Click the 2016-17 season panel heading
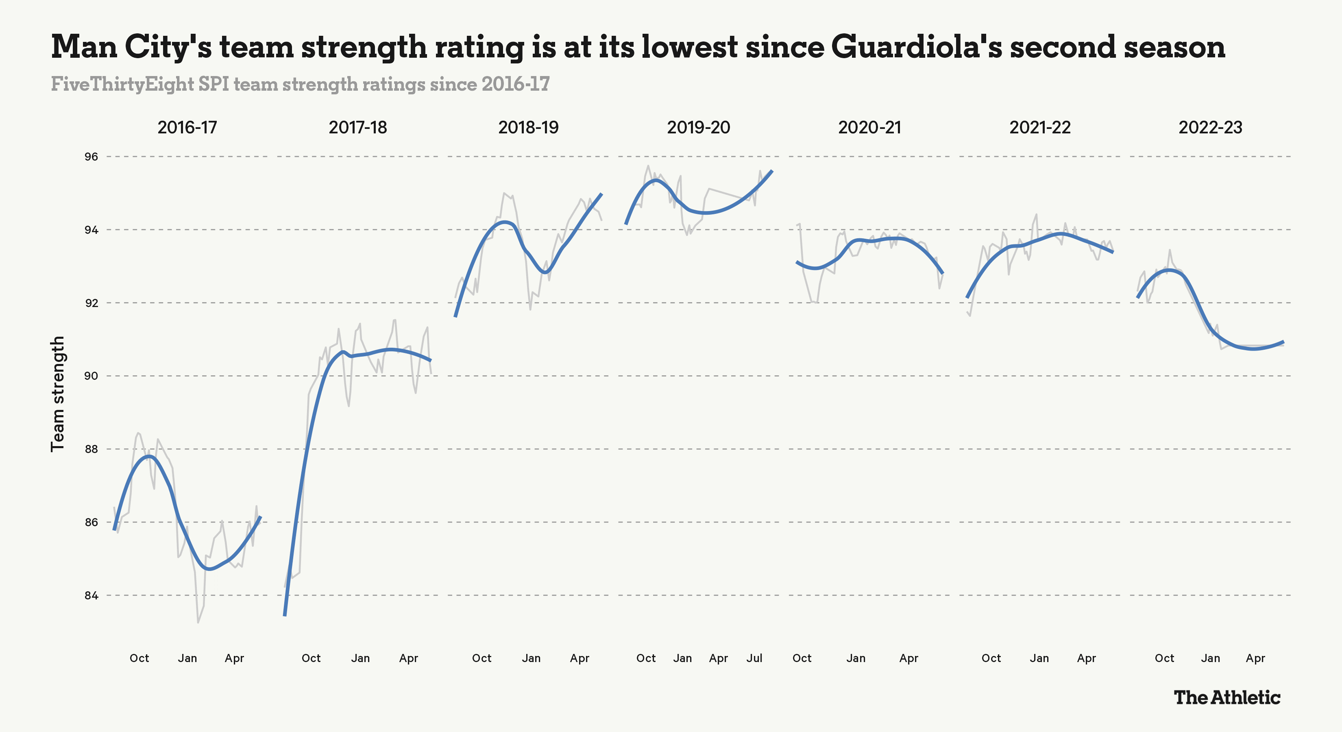pos(187,128)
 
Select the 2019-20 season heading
pos(699,128)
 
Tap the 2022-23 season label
pos(1210,128)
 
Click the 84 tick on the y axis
pos(91,595)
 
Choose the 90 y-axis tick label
pos(91,376)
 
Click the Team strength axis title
pos(58,393)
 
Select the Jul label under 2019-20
pos(754,658)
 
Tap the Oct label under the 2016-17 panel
pos(139,658)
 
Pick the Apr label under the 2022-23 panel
pos(1255,658)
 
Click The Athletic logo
pos(1227,697)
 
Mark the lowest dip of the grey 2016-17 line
pos(198,622)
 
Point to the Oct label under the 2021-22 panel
pos(991,658)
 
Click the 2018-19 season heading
pos(528,128)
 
